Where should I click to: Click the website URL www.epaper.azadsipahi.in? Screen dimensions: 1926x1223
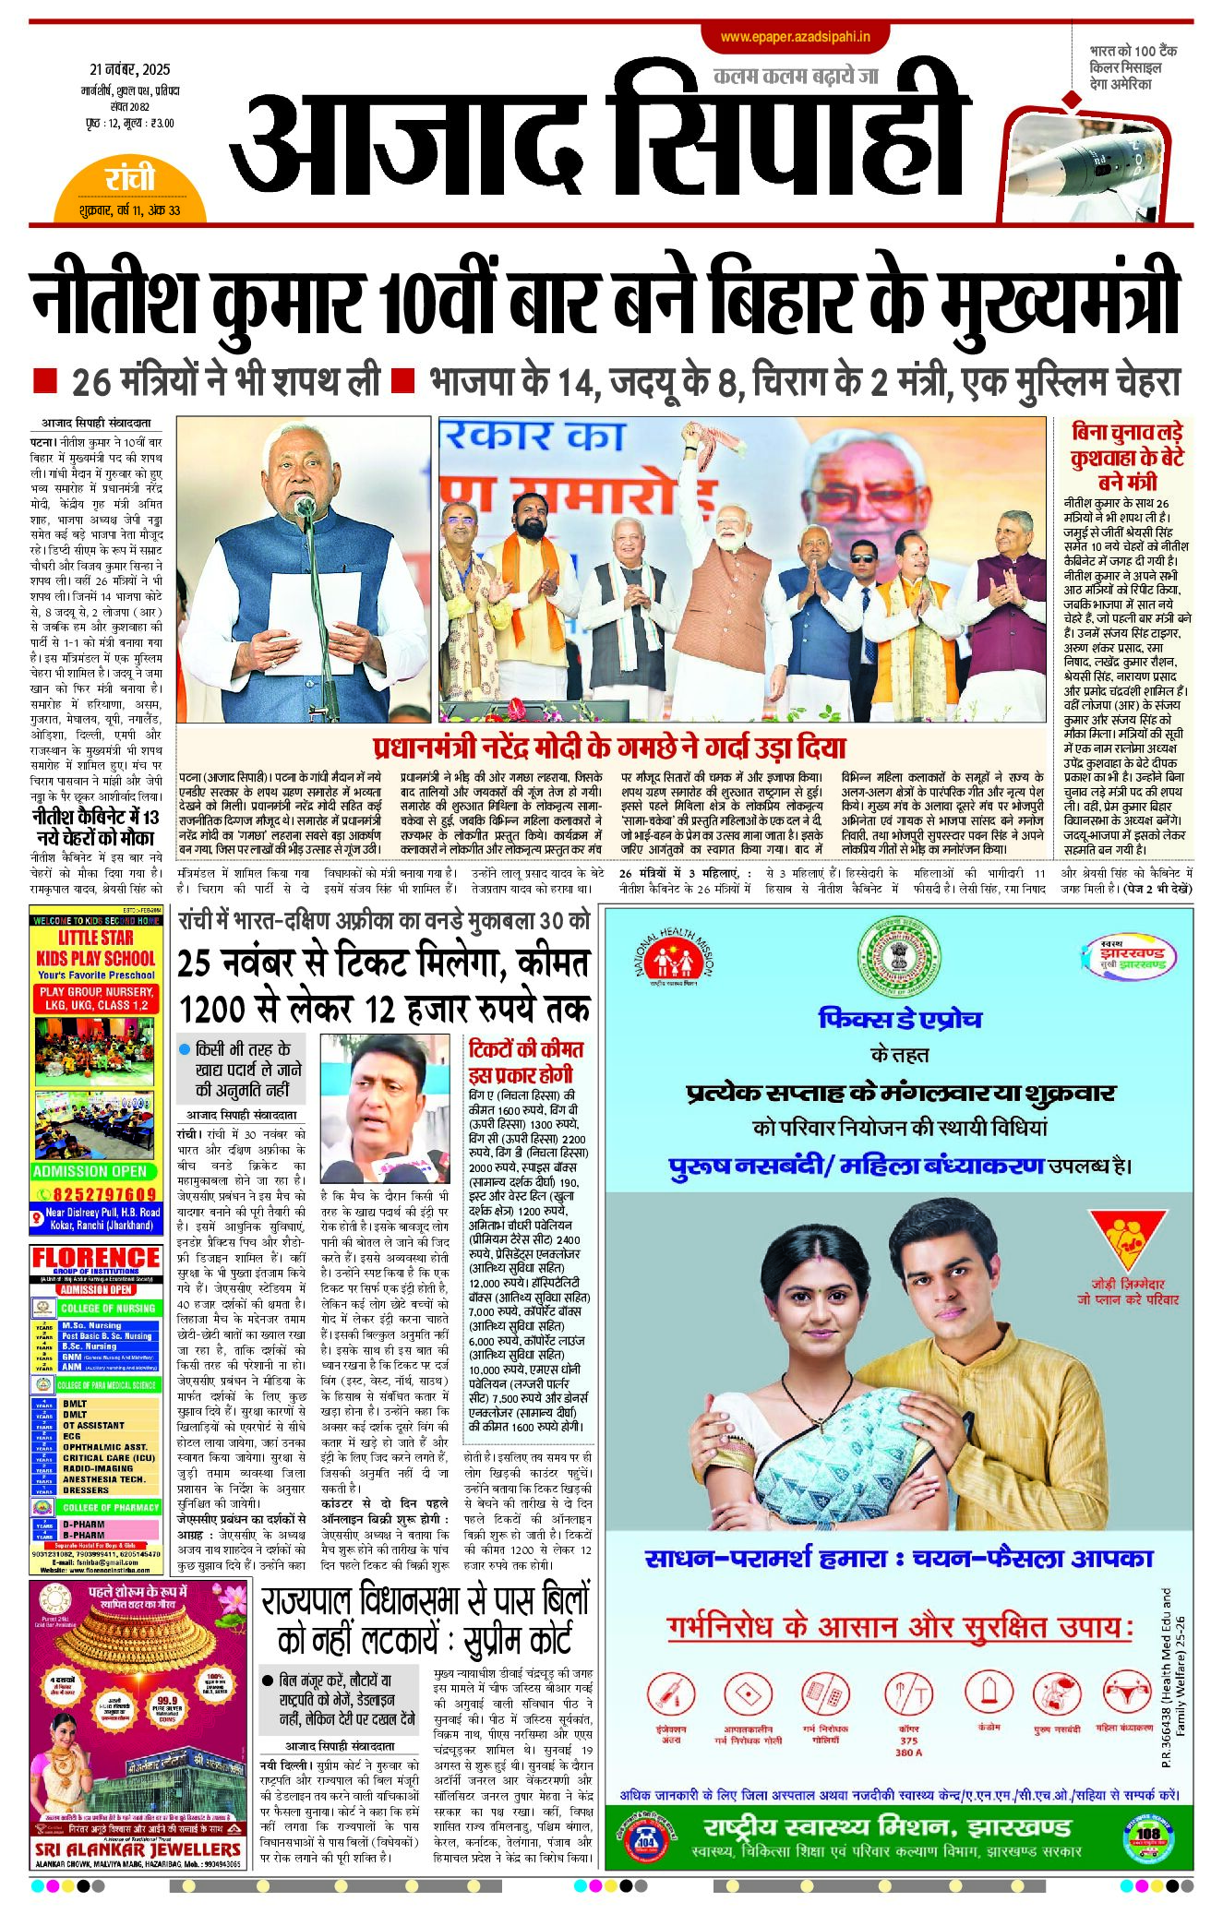point(796,37)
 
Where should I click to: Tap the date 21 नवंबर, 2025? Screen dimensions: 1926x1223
point(130,70)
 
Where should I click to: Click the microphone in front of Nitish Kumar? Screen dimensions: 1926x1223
point(305,506)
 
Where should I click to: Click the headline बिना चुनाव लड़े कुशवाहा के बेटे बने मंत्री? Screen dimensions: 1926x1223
point(1127,457)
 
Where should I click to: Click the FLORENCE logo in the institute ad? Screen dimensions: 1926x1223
point(96,1258)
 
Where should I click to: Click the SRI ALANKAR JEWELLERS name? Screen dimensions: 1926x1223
point(138,1849)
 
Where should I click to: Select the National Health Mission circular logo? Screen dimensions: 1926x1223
point(673,961)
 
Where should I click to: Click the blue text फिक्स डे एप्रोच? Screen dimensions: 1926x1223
point(900,1019)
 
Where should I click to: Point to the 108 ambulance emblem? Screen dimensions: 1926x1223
point(1148,1833)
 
